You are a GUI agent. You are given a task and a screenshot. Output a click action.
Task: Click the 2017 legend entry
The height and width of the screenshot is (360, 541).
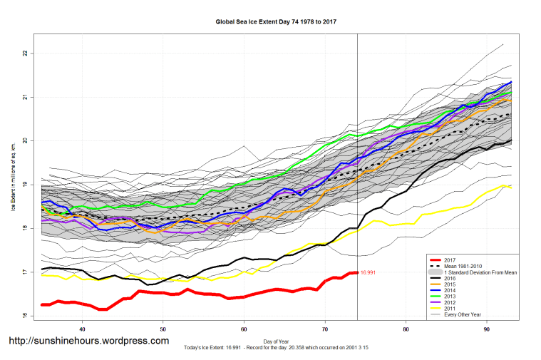pyautogui.click(x=448, y=260)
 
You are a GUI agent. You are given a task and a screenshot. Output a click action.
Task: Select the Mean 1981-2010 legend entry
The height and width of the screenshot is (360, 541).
pyautogui.click(x=463, y=267)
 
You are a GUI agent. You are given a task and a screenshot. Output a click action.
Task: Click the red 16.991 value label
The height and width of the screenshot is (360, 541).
pyautogui.click(x=368, y=272)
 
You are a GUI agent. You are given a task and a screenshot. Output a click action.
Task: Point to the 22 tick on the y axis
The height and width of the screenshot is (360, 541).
pyautogui.click(x=24, y=53)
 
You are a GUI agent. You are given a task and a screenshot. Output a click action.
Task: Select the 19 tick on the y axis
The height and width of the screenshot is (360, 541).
pyautogui.click(x=24, y=185)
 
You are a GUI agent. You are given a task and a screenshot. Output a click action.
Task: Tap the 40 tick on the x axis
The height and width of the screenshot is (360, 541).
pyautogui.click(x=83, y=329)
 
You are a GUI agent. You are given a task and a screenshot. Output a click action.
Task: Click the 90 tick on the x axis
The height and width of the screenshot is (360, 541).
pyautogui.click(x=487, y=329)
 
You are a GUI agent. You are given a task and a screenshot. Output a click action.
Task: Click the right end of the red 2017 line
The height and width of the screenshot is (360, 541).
pyautogui.click(x=357, y=272)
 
